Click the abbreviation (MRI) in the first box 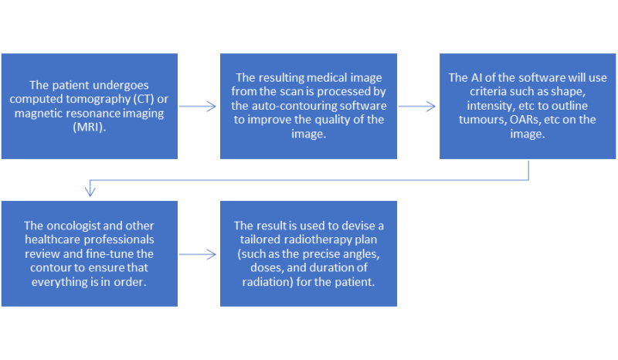click(x=89, y=127)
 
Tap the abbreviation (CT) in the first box click(x=144, y=99)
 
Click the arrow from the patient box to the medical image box click(x=198, y=106)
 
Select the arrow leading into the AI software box click(x=417, y=106)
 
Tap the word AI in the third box click(x=477, y=77)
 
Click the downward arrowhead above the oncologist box click(x=90, y=190)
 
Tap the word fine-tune click(x=110, y=253)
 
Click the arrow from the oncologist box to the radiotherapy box click(x=198, y=254)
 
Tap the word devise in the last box click(x=358, y=226)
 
